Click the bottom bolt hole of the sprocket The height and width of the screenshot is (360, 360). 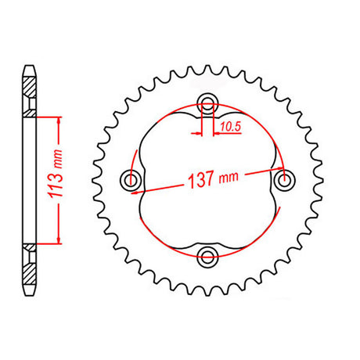point(207,257)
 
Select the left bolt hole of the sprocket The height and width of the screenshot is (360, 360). point(131,179)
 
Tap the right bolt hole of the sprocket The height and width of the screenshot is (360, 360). point(285,180)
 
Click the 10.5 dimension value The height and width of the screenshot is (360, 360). point(230,127)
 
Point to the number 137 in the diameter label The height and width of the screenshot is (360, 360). point(201,180)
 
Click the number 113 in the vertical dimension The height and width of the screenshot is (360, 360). point(56,187)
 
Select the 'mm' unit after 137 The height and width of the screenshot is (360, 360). point(229,178)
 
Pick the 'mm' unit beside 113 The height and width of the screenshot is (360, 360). point(58,159)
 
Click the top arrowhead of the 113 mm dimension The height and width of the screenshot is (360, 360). point(59,121)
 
